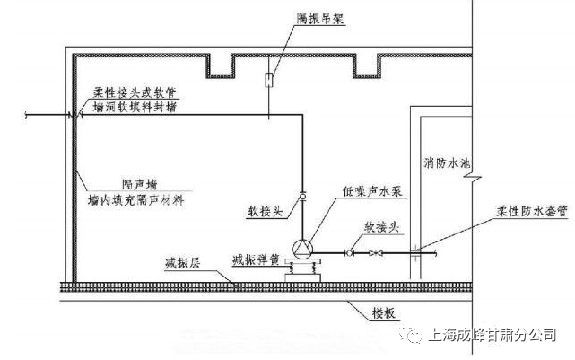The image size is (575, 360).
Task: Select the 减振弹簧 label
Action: [256, 259]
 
